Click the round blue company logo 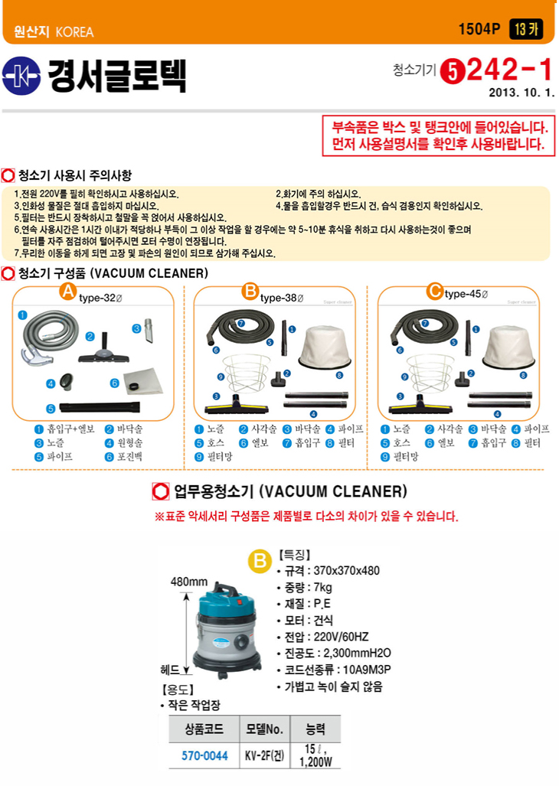coord(21,76)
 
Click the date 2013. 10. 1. coord(521,93)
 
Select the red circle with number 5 coord(453,72)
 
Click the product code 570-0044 coord(204,755)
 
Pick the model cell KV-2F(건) coord(264,755)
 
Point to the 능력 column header coord(315,729)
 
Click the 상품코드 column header coord(204,729)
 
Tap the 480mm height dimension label coord(189,582)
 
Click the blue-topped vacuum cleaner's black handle coord(227,589)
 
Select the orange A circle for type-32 coord(67,291)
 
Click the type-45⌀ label coord(466,294)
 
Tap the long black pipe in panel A coord(100,406)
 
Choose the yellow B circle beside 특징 coord(260,560)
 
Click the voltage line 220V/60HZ coord(326,637)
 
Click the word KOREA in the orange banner coord(75,32)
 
